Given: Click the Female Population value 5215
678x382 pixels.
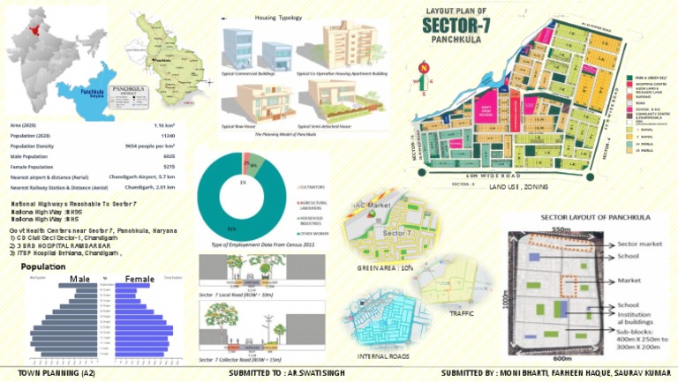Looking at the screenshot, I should [169, 166].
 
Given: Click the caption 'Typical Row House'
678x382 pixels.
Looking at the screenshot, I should [239, 126].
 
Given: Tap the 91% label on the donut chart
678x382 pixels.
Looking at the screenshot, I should [231, 229].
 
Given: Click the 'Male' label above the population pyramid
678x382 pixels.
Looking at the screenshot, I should [79, 280].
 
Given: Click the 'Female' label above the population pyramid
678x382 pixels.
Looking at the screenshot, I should [139, 280].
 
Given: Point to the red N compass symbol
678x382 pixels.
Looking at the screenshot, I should [422, 67].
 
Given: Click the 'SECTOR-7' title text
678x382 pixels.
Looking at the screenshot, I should [456, 25].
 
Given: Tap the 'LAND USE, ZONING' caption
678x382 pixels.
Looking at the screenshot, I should [519, 188].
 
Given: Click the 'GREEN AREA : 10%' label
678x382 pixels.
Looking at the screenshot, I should [383, 266].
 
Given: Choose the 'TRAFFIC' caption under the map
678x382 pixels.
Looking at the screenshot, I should [462, 313].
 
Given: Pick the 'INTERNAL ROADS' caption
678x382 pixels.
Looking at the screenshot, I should [383, 356].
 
